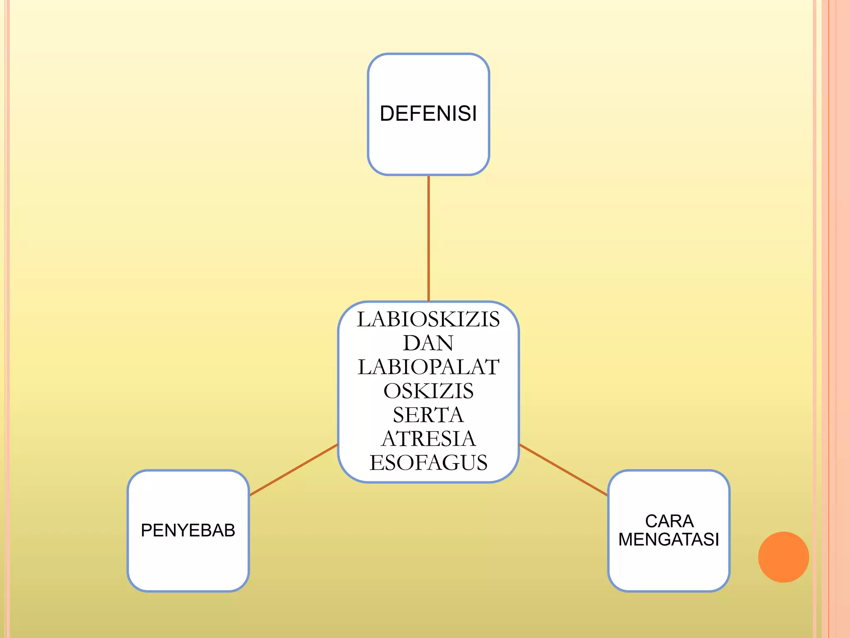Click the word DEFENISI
pos(428,113)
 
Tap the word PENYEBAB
pos(188,530)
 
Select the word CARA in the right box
pos(669,521)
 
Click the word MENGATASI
pos(669,540)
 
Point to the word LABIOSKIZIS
pos(428,319)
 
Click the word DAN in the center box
pos(428,343)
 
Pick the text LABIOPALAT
pos(428,367)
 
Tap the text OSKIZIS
pos(428,391)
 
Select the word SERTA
pos(428,415)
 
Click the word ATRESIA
pos(428,439)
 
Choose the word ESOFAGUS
pos(428,463)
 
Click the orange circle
pos(783,557)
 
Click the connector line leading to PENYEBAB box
pos(294,470)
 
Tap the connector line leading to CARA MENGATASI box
pos(563,470)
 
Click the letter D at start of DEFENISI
pos(387,114)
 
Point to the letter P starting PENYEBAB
pos(146,530)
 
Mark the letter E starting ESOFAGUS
pos(376,463)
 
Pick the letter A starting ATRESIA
pos(390,439)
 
